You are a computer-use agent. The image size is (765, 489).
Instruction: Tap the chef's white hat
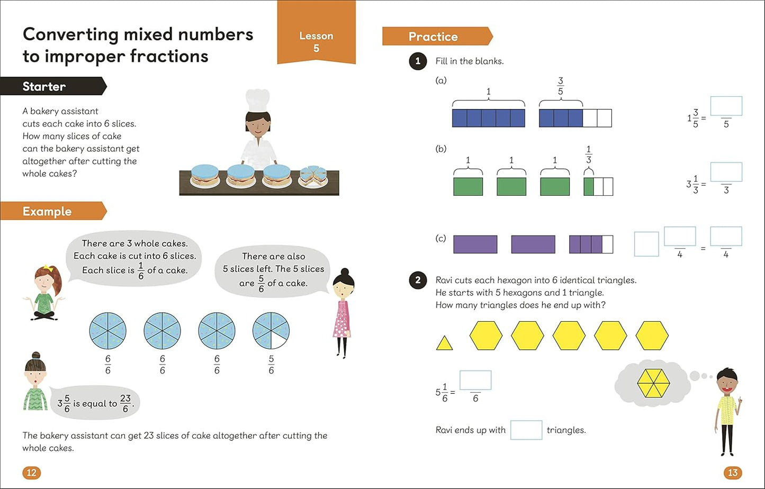[x=258, y=101]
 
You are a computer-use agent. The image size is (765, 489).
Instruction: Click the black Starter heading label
[x=50, y=86]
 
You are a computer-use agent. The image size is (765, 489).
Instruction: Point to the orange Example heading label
[x=51, y=211]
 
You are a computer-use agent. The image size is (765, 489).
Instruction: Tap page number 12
[x=31, y=472]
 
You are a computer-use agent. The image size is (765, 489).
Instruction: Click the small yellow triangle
[x=444, y=343]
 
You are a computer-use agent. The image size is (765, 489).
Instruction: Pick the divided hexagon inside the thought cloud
[x=653, y=383]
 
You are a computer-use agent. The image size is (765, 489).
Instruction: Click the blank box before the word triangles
[x=526, y=430]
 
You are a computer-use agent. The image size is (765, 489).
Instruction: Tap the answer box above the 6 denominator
[x=475, y=380]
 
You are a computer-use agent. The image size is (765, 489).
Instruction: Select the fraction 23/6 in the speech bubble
[x=125, y=403]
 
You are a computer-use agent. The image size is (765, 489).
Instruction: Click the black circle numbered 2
[x=418, y=280]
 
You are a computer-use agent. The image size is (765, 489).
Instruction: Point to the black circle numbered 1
[x=418, y=61]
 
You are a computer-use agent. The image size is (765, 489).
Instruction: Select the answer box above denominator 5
[x=726, y=106]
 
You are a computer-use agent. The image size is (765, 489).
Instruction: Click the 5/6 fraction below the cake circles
[x=271, y=364]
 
